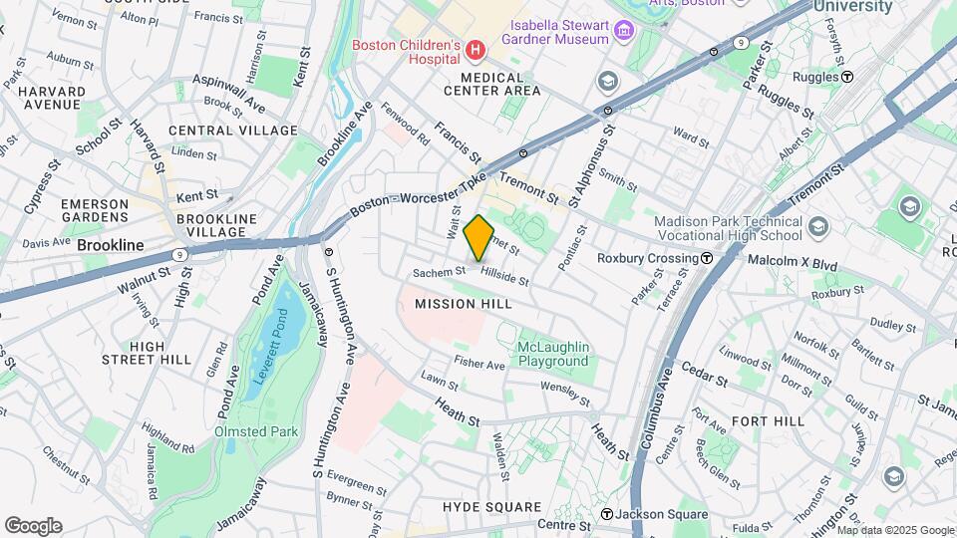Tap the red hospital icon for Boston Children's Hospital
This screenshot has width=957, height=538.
476,48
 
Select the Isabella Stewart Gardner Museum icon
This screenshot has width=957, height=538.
625,31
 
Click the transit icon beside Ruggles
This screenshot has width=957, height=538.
846,76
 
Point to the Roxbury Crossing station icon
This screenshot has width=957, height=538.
706,258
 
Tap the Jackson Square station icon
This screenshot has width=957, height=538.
606,515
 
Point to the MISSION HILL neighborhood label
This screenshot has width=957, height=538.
463,303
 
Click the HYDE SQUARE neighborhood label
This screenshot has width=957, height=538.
494,507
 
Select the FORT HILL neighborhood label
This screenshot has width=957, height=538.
767,421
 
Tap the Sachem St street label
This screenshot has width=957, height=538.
440,271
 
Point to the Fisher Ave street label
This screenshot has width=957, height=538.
479,364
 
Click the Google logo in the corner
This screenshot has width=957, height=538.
33,525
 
